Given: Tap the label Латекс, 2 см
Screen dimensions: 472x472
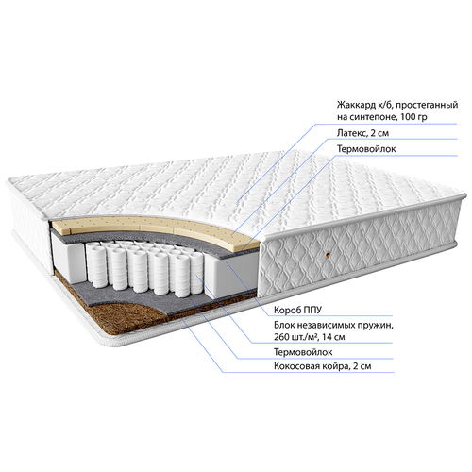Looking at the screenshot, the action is pyautogui.click(x=362, y=133).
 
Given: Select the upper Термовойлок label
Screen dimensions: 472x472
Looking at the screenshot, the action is pyautogui.click(x=366, y=148).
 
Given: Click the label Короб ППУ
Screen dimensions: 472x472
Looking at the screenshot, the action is pyautogui.click(x=297, y=310).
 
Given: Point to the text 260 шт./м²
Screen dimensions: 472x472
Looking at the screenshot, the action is pyautogui.click(x=296, y=337).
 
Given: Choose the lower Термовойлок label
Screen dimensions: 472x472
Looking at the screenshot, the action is pyautogui.click(x=303, y=352).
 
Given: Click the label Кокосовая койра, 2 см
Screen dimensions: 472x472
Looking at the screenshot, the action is pyautogui.click(x=323, y=366).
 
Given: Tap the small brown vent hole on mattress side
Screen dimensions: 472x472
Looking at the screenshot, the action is pyautogui.click(x=328, y=255).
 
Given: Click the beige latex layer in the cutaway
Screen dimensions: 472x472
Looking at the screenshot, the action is pyautogui.click(x=158, y=228).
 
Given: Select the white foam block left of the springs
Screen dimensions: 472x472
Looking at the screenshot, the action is pyautogui.click(x=67, y=255).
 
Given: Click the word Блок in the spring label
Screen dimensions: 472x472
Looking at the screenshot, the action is pyautogui.click(x=283, y=325).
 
